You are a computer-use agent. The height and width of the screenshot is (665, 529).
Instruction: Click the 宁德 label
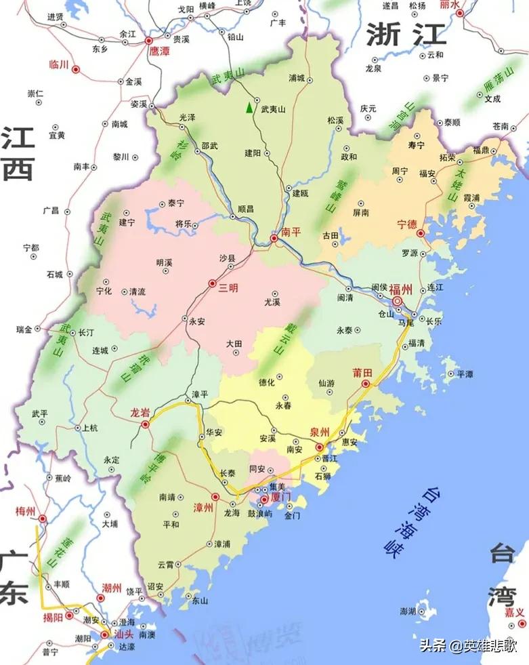[406, 224]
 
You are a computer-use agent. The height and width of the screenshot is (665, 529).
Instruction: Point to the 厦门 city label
[279, 498]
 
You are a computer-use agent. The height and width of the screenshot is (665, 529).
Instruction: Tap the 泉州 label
[318, 435]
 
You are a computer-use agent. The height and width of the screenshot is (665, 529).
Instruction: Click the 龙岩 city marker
[145, 424]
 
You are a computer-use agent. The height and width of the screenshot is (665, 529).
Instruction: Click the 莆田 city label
[362, 373]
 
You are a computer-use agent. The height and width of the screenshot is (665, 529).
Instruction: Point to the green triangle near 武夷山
[250, 107]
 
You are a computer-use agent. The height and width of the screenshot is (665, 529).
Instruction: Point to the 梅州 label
[26, 510]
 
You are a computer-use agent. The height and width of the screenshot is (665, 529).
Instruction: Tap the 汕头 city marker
[104, 635]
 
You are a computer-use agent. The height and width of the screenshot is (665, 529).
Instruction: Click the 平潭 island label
[466, 374]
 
